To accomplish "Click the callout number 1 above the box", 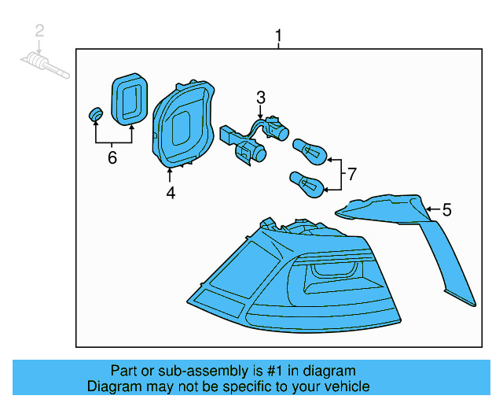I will pos(277,35).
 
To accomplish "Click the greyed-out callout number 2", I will pos(39,31).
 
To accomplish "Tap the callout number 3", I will pos(260,98).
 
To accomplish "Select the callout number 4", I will pos(171,191).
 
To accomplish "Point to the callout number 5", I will pos(446,209).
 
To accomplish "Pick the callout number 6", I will pos(112,158).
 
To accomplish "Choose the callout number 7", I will pos(351,173).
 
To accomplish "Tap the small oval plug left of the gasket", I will pos(96,115).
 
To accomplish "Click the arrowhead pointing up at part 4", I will pos(170,171).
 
